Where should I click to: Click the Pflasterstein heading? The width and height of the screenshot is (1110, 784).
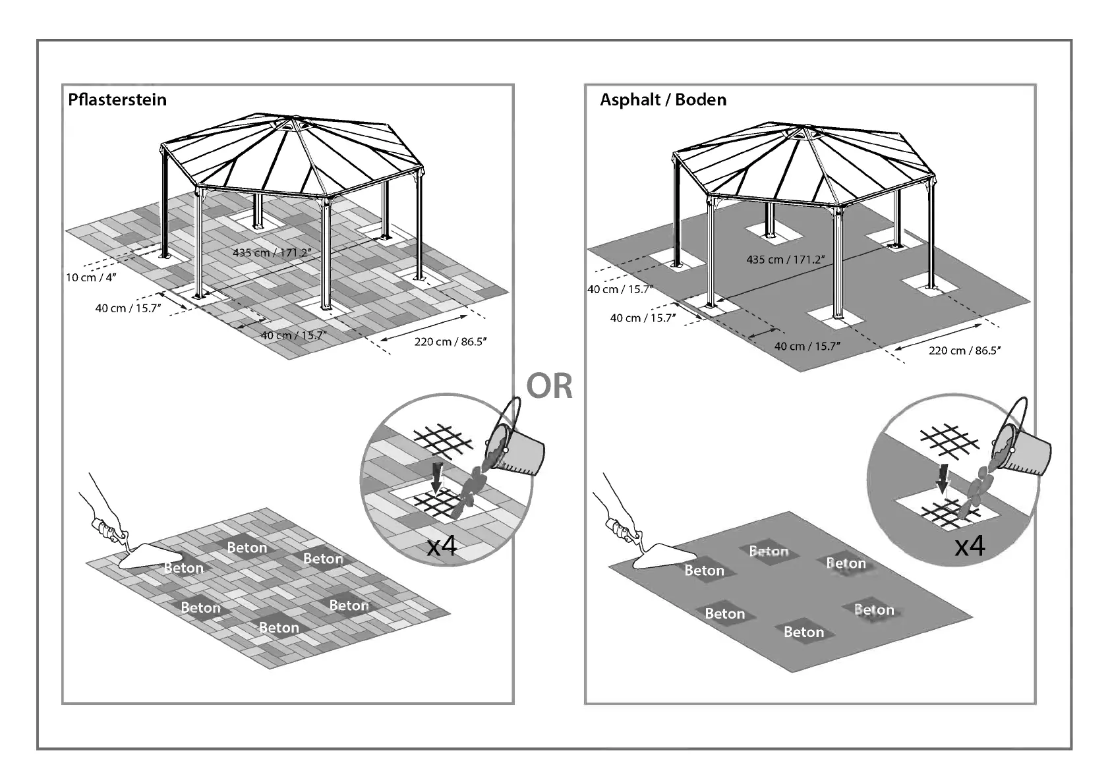pos(117,100)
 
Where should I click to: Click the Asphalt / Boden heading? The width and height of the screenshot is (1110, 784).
pos(663,100)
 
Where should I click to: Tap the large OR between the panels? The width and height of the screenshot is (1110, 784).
pos(549,386)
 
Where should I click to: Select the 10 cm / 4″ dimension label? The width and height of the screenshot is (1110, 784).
pos(91,277)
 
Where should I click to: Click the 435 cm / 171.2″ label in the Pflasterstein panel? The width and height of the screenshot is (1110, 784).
pos(272,252)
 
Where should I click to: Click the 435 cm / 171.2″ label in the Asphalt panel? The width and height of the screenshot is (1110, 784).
pos(785,260)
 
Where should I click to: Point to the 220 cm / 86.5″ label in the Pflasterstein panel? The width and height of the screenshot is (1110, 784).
pos(450,341)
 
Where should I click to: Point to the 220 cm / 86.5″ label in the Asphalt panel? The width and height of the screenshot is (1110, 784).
pos(964,350)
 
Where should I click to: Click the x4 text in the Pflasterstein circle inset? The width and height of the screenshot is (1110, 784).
pos(442,546)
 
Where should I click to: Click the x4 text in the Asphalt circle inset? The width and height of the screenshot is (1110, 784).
pos(970,546)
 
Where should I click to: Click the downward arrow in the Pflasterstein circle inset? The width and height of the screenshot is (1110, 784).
pos(436,476)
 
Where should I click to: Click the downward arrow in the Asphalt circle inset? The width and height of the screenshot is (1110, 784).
pos(944,478)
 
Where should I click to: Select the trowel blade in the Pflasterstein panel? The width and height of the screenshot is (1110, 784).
pos(148,557)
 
